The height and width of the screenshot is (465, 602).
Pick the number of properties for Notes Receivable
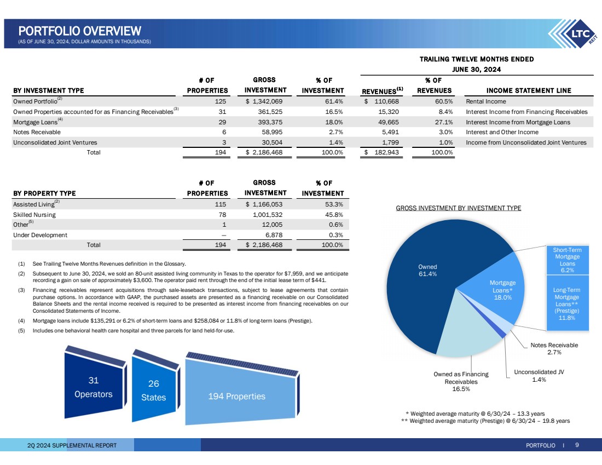point(224,132)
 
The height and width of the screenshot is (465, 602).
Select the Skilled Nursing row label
point(34,215)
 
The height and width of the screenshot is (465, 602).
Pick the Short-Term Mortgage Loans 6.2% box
point(568,260)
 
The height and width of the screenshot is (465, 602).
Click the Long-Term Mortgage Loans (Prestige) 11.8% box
point(568,303)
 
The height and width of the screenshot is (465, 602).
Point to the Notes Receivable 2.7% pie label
point(554,349)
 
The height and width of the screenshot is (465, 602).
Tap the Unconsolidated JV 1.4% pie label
point(539,376)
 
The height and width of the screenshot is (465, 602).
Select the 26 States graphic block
point(153,390)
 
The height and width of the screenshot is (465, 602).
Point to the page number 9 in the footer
point(577,445)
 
